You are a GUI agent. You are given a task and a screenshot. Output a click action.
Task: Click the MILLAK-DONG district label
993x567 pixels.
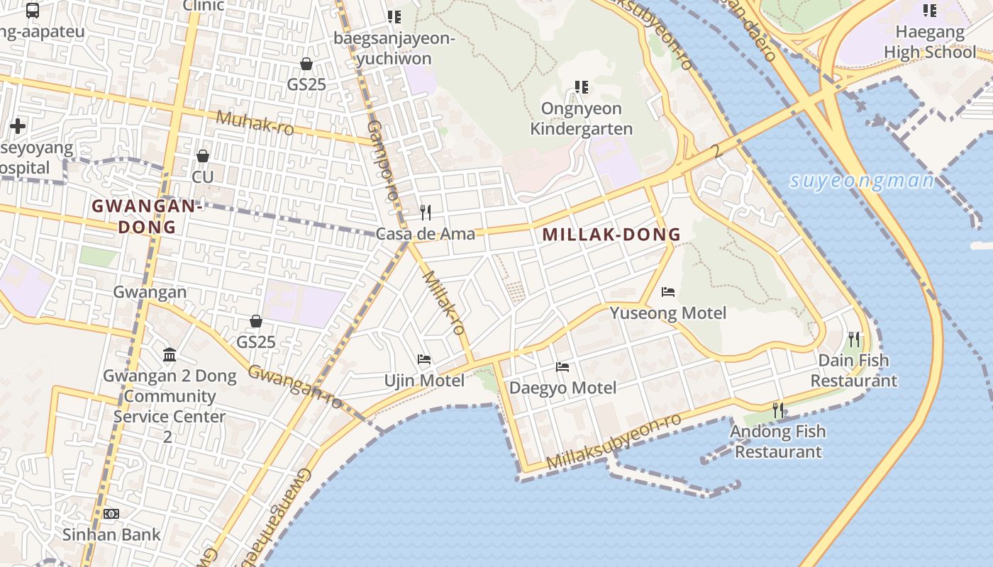[611, 235]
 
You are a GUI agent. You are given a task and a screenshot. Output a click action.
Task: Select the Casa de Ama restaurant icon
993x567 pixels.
[426, 212]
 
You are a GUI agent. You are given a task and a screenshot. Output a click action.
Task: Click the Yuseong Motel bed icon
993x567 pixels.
[668, 292]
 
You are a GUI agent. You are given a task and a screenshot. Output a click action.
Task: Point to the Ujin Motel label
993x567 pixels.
[424, 381]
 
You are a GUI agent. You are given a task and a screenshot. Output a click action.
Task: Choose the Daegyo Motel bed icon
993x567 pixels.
[562, 367]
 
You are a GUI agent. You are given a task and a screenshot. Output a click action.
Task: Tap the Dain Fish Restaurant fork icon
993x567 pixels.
[854, 339]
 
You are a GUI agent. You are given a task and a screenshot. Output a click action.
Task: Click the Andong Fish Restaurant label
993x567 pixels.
[778, 442]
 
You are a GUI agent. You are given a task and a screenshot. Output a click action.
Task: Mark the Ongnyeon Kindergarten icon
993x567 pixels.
[582, 87]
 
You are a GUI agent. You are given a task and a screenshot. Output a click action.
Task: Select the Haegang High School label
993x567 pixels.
[930, 42]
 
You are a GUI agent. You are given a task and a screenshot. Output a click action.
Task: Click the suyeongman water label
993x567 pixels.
[862, 181]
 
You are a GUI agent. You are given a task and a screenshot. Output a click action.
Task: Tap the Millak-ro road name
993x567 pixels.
[444, 302]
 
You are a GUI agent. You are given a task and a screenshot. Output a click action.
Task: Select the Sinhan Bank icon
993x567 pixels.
[111, 513]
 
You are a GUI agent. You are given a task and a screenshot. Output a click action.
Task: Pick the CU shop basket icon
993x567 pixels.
[203, 155]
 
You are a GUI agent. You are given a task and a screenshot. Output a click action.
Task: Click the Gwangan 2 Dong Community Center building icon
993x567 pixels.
[170, 354]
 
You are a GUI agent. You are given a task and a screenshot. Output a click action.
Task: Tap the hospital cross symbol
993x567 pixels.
[18, 127]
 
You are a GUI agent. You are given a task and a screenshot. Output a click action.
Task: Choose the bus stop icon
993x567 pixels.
[33, 10]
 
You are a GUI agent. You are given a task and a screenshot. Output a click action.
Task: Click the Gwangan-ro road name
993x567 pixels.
[295, 387]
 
